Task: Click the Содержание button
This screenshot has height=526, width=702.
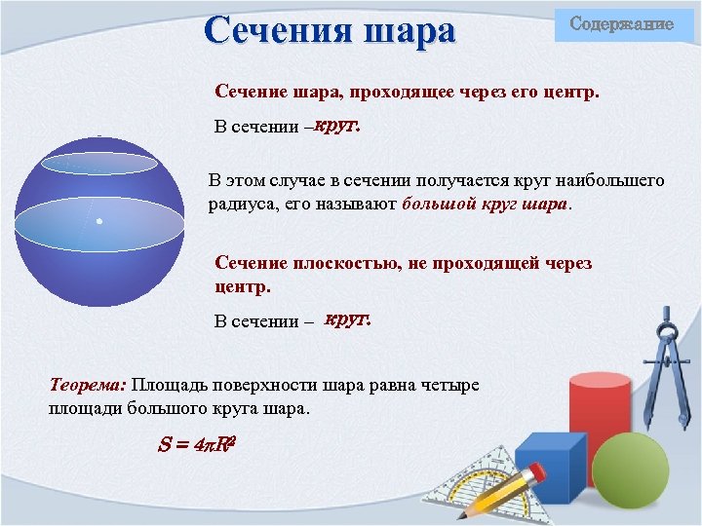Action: (x=621, y=23)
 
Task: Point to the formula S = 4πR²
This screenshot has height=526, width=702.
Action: (x=198, y=444)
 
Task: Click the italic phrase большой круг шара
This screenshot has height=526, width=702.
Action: (x=483, y=205)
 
